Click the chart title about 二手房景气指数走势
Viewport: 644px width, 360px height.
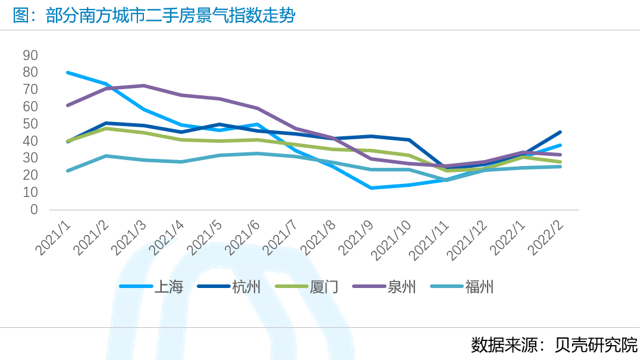click(x=153, y=16)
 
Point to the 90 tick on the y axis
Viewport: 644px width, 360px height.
click(x=30, y=55)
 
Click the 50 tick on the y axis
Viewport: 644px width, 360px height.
click(x=30, y=124)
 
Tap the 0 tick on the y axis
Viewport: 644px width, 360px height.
click(x=34, y=209)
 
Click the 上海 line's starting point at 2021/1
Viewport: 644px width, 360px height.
click(x=68, y=73)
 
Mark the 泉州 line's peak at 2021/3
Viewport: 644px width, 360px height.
click(x=144, y=86)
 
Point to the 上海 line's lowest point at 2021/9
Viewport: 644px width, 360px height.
click(x=372, y=188)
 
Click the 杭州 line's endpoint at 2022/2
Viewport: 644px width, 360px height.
click(x=560, y=132)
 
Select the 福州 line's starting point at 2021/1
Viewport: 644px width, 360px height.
click(x=68, y=171)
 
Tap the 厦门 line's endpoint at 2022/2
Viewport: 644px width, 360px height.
click(x=560, y=162)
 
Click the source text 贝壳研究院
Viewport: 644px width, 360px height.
click(x=596, y=345)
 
